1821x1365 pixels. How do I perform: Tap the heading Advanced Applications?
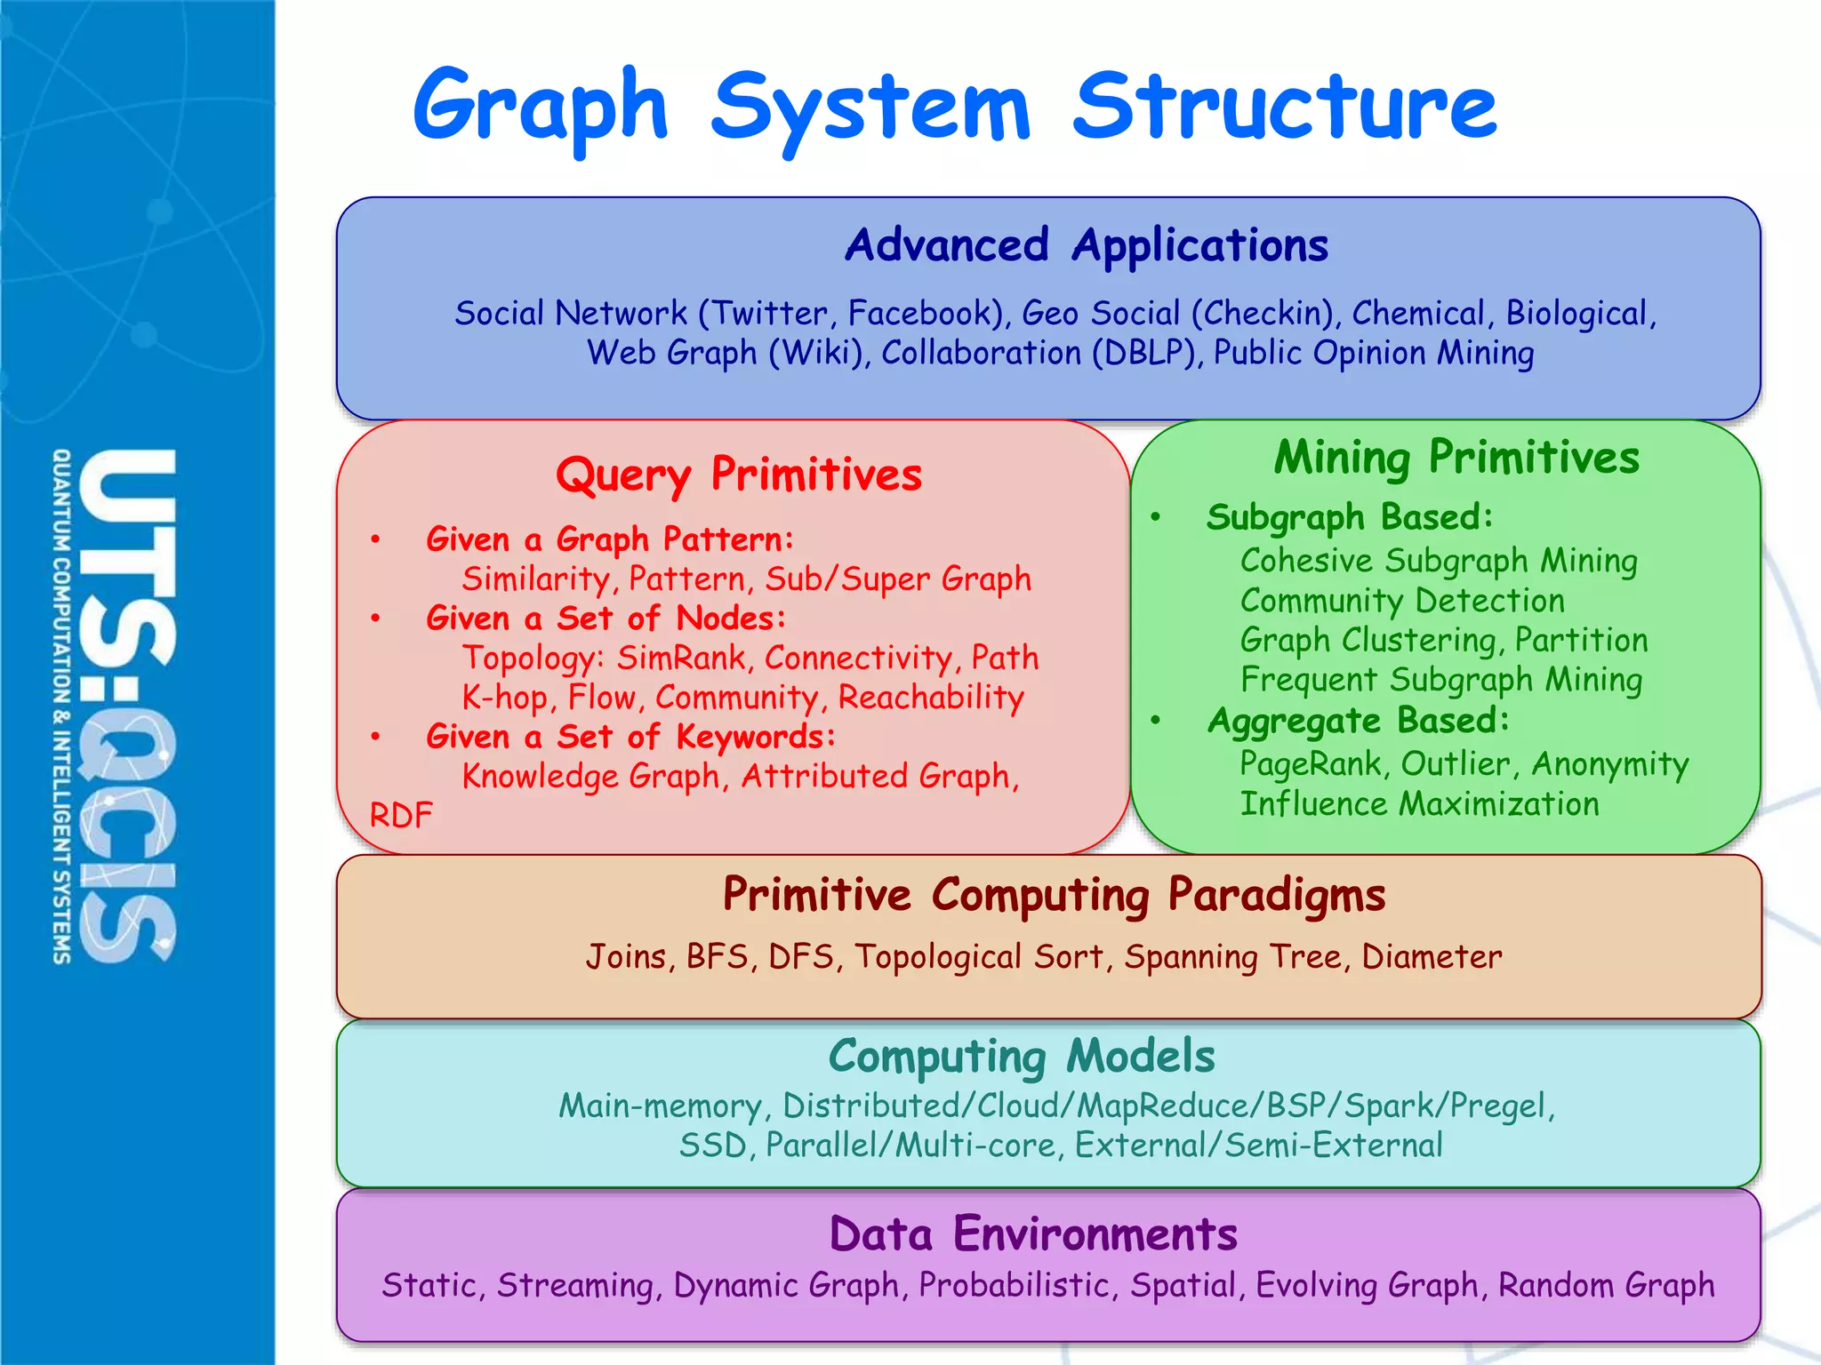point(1086,245)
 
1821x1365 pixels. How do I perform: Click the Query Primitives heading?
point(738,475)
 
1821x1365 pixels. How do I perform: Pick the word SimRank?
point(681,658)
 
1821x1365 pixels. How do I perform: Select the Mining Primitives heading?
point(1456,458)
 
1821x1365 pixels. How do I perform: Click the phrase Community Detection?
point(1402,601)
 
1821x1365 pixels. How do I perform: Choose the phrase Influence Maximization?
point(1419,804)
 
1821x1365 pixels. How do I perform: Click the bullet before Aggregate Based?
point(1155,721)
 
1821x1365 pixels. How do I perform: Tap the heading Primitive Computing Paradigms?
point(1054,895)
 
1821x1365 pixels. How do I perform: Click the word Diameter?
point(1432,957)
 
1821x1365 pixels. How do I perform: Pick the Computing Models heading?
point(1022,1057)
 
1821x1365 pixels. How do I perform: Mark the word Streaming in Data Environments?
point(575,1286)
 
